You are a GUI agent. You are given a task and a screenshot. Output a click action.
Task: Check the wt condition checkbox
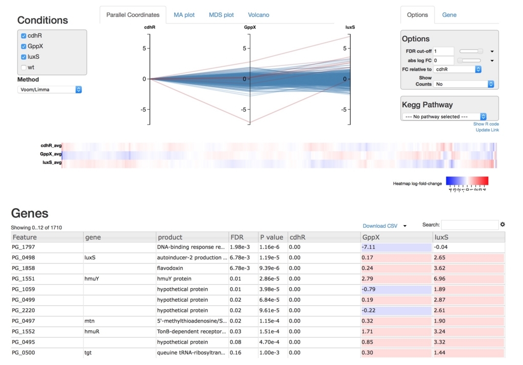(23, 67)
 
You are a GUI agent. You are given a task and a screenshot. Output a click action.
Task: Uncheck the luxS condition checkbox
(23, 57)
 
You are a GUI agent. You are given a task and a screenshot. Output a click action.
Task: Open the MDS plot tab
(221, 15)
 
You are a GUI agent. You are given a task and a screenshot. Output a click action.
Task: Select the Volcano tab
(258, 15)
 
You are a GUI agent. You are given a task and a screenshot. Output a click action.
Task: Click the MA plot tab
(184, 15)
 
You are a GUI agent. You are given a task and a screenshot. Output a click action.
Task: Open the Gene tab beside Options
(449, 15)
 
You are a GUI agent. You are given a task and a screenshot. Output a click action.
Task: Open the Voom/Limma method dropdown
(50, 89)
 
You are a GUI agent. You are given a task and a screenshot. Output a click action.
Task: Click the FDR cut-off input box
(443, 51)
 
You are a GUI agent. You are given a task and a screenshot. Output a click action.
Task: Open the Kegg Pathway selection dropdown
(444, 116)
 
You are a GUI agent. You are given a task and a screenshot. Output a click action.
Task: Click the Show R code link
(486, 124)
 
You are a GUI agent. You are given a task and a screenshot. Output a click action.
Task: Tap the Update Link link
(487, 130)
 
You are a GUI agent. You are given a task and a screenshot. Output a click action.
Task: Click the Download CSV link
(379, 226)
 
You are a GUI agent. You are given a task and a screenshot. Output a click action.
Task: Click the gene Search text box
(469, 225)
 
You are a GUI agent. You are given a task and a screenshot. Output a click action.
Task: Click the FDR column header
(237, 237)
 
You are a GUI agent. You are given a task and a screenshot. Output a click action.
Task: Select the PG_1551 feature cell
(24, 279)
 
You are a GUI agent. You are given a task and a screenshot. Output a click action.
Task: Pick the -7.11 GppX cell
(369, 247)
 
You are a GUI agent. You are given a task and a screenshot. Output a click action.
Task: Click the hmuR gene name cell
(92, 331)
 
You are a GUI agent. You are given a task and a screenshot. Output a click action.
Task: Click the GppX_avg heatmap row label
(51, 154)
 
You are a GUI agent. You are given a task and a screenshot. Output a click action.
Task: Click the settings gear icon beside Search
(503, 225)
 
